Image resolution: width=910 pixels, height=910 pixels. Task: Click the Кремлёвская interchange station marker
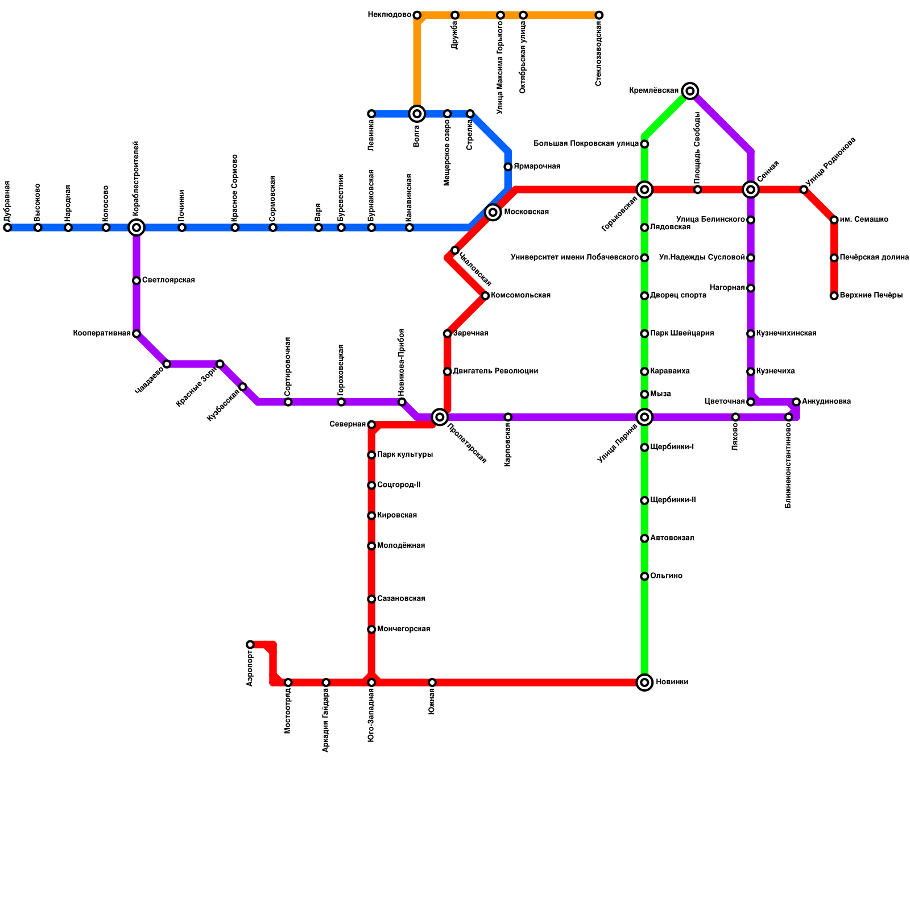690,91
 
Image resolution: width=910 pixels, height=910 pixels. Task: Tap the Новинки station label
672,682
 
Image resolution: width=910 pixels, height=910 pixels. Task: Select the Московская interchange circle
493,212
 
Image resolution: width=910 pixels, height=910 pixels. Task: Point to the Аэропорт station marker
250,644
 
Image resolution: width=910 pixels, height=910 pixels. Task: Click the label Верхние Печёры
871,296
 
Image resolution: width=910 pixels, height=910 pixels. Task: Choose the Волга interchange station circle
417,114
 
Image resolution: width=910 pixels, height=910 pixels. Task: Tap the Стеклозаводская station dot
599,15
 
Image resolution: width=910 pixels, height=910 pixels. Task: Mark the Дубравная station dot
7,227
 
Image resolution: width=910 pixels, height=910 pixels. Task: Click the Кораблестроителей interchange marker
136,227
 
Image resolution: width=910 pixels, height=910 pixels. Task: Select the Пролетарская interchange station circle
440,417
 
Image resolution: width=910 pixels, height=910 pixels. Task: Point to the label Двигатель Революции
495,371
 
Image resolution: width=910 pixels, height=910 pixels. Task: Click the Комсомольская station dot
485,296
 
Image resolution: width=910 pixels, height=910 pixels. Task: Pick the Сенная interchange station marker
751,189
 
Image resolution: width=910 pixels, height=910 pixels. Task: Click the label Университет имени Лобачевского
574,258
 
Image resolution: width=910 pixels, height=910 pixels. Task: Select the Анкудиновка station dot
796,402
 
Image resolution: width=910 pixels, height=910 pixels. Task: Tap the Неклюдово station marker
417,15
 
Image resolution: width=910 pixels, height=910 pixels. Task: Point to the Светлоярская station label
168,280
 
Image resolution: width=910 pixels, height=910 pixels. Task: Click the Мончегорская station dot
371,629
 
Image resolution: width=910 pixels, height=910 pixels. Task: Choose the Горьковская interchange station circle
644,189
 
